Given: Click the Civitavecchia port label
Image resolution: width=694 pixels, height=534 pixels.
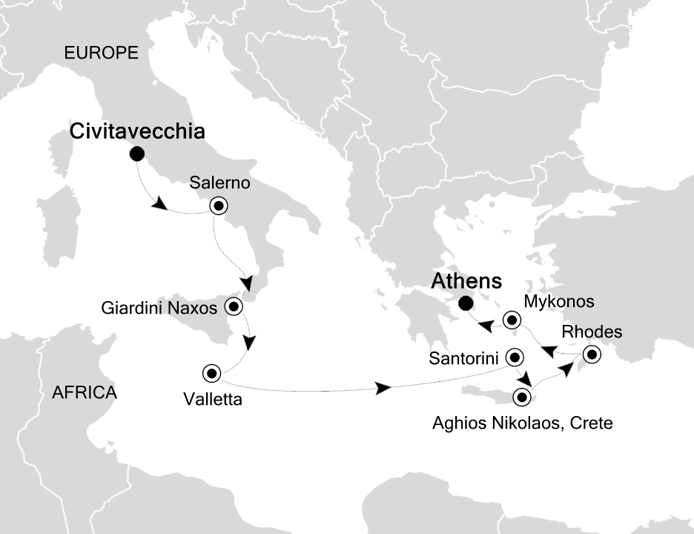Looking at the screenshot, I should [136, 131].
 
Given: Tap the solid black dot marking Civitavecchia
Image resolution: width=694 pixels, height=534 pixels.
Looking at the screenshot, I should [136, 154].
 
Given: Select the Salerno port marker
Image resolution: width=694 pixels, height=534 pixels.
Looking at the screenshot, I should [219, 205].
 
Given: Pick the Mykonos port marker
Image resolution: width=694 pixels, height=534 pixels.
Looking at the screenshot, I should [511, 320].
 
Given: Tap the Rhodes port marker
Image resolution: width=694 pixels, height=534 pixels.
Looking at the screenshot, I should [591, 355].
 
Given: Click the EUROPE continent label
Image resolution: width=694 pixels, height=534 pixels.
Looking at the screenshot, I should [102, 53].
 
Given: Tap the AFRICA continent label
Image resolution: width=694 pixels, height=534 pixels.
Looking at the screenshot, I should [85, 392].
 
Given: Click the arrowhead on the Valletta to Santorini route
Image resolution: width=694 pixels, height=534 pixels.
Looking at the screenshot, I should [383, 388].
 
